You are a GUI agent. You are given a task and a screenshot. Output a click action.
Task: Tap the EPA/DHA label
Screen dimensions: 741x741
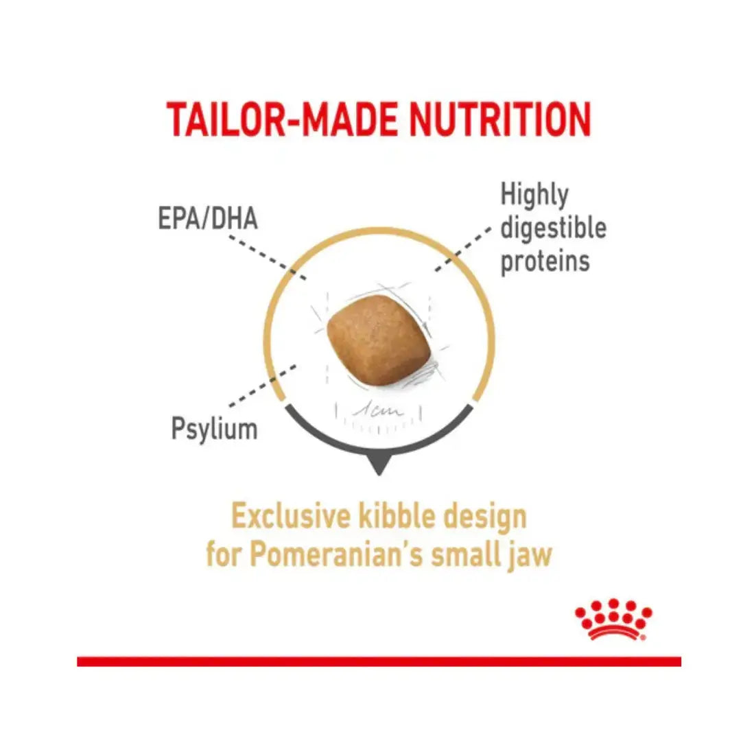point(208,220)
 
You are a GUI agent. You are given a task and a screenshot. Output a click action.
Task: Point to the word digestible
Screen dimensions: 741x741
point(553,228)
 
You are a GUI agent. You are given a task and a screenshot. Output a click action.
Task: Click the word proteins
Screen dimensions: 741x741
point(545,261)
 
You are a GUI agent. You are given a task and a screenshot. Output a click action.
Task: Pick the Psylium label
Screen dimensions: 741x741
point(214,429)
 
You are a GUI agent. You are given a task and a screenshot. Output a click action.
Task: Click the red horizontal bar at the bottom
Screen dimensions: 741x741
point(379,661)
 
